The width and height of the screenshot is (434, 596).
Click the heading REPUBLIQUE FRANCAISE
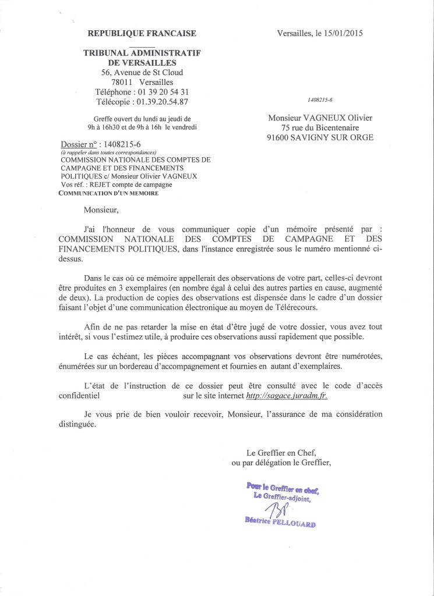pos(142,34)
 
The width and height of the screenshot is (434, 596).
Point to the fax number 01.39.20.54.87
pos(163,102)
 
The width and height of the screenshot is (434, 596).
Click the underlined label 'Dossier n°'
pos(79,145)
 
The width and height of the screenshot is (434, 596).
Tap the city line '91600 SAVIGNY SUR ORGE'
pos(320,138)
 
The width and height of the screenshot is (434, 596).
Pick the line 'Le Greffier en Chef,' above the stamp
pos(281,453)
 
